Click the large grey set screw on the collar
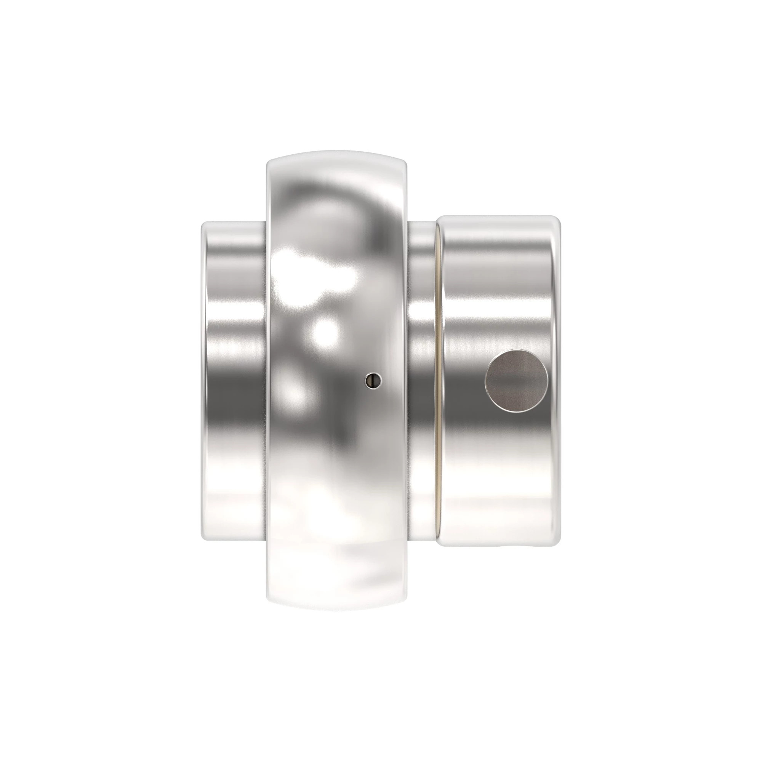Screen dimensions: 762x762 click(516, 381)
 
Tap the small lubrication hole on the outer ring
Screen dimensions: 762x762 click(373, 380)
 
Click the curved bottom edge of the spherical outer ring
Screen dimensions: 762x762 click(336, 610)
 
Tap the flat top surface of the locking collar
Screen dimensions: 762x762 click(499, 216)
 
